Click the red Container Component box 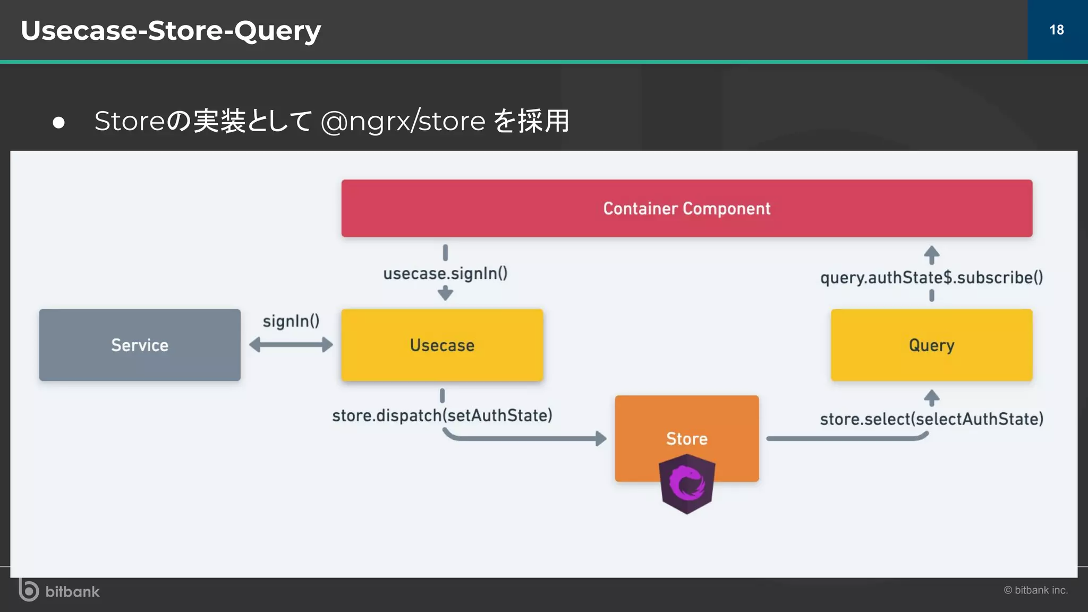(686, 208)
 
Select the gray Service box (140, 345)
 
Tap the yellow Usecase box (442, 345)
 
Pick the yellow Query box (931, 345)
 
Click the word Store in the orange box (686, 438)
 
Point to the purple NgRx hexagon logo (686, 484)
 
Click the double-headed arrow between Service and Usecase (291, 345)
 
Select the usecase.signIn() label (445, 273)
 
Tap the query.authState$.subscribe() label (931, 277)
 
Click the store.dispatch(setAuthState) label (442, 415)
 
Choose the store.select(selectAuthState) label (931, 419)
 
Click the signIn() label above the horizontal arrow (291, 321)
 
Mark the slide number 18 (1057, 30)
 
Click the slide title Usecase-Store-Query (171, 30)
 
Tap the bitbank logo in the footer (59, 591)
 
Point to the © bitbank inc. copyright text (1035, 590)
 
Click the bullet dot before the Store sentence (58, 123)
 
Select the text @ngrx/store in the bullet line (403, 121)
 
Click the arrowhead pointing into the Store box (601, 438)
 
